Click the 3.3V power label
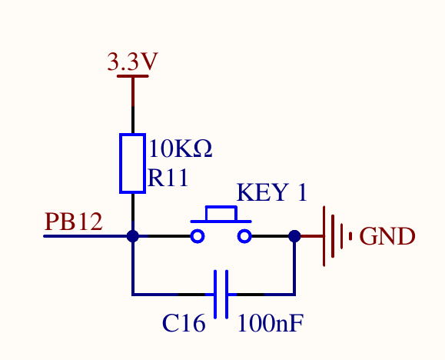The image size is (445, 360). click(132, 62)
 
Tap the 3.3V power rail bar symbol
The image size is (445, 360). click(132, 76)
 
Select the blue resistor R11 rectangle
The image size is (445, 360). click(132, 163)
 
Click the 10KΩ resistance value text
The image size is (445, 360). click(181, 148)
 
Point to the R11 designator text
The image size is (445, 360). click(168, 178)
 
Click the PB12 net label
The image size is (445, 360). click(74, 222)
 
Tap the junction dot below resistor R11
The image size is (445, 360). click(132, 236)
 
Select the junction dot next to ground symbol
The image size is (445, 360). click(294, 236)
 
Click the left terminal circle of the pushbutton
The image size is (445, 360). click(198, 236)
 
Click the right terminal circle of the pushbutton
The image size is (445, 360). click(244, 236)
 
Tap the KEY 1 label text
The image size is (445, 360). click(272, 192)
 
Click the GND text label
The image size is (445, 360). click(387, 236)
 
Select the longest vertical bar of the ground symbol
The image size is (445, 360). click(324, 236)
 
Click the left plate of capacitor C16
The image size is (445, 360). click(215, 295)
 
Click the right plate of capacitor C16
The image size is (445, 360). click(227, 295)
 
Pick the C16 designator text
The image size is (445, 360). click(184, 323)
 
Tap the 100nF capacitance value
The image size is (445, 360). click(271, 323)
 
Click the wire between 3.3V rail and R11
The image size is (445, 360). click(132, 105)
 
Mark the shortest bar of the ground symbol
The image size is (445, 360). click(350, 236)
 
